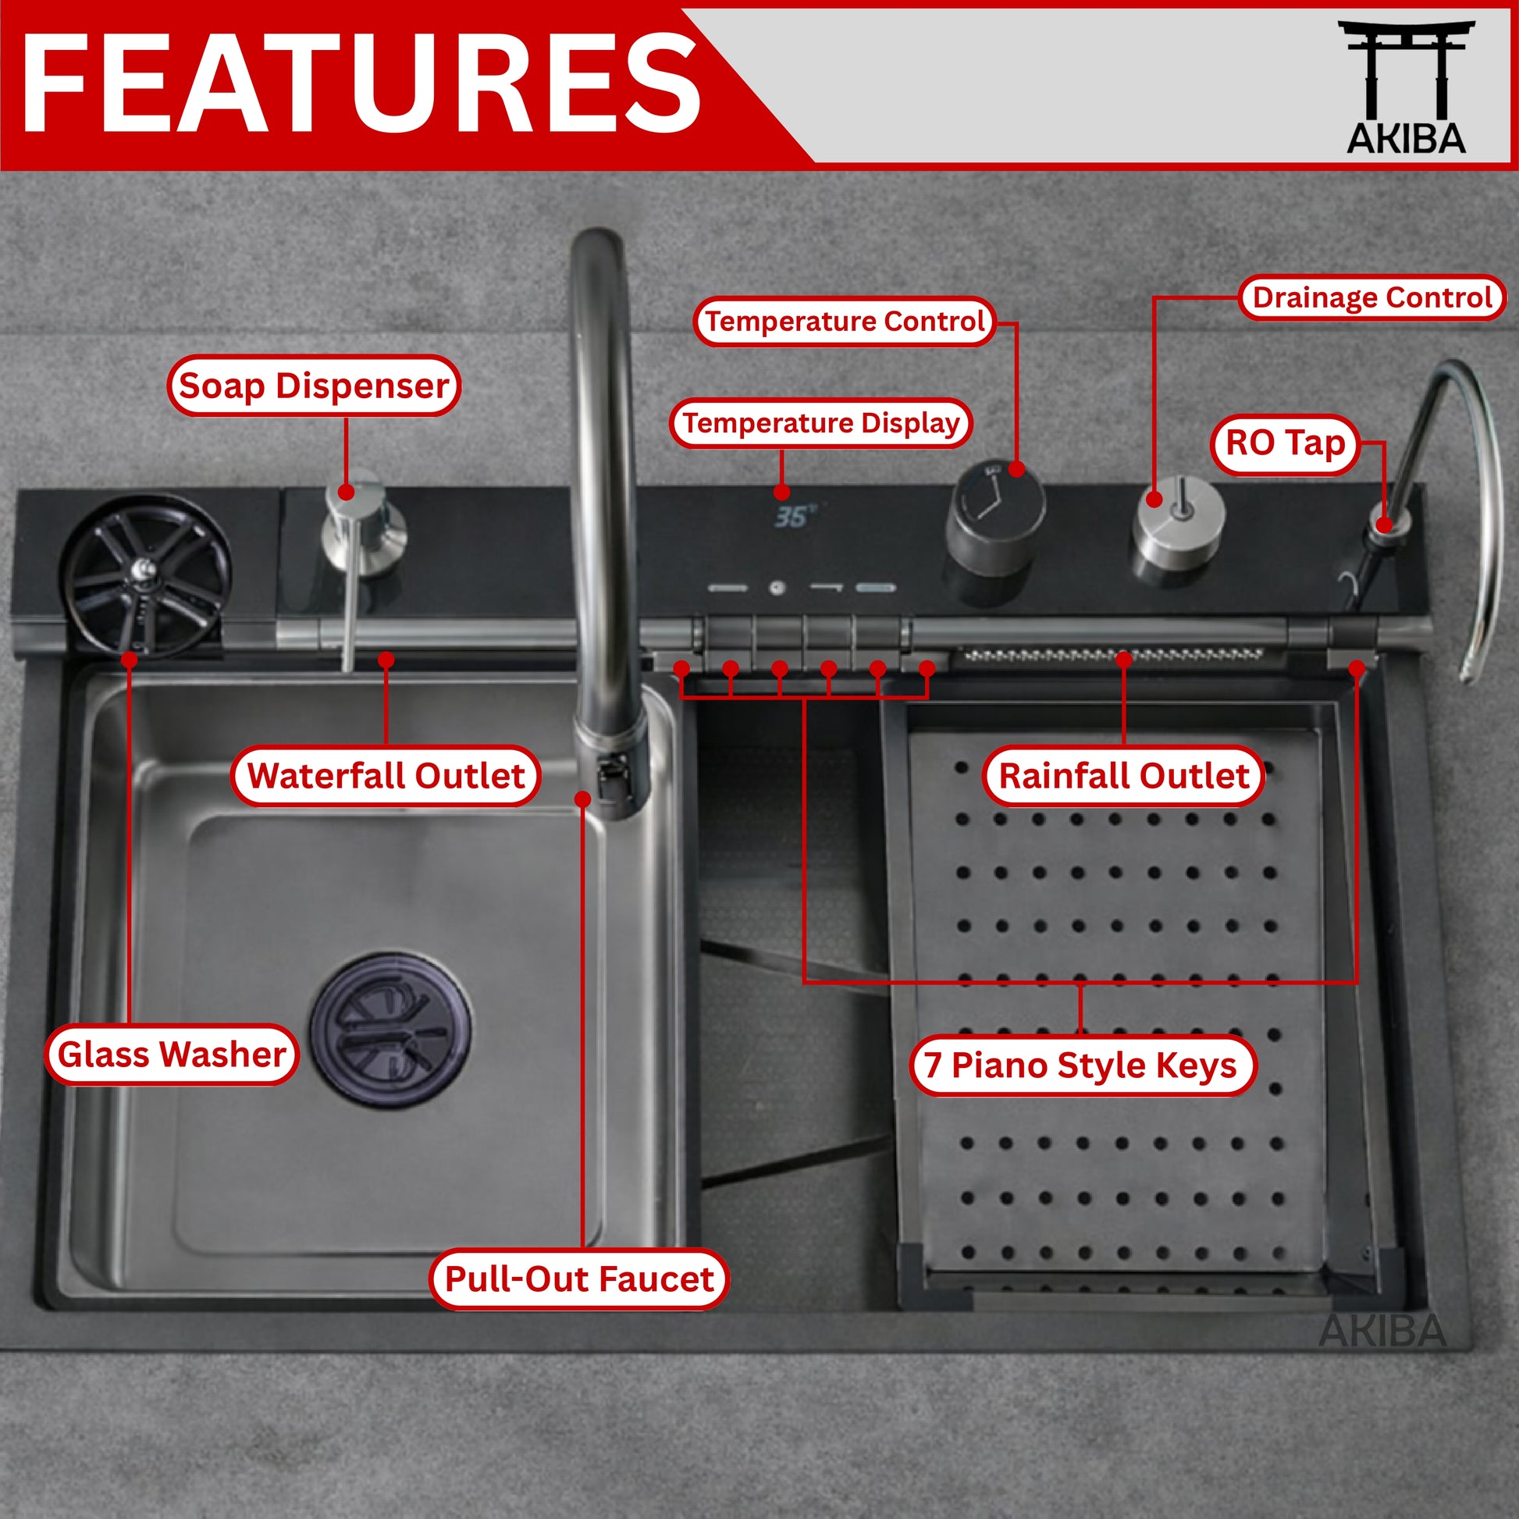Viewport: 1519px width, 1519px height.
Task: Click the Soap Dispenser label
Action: [x=314, y=386]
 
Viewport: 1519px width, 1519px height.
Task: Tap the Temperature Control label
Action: [x=845, y=321]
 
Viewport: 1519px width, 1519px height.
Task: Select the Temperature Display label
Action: [x=821, y=423]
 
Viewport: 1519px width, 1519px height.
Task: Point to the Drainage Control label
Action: [x=1372, y=297]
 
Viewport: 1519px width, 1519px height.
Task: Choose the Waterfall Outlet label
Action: [x=386, y=775]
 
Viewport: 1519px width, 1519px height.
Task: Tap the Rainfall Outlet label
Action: [x=1123, y=775]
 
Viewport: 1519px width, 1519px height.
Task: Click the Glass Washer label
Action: [x=172, y=1055]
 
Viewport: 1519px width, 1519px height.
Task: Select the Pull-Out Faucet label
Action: [x=579, y=1279]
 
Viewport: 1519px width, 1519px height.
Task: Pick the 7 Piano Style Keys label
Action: [x=1081, y=1065]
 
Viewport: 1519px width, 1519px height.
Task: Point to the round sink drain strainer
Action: [x=391, y=1030]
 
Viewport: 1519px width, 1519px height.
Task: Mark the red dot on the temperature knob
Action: [x=1016, y=469]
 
